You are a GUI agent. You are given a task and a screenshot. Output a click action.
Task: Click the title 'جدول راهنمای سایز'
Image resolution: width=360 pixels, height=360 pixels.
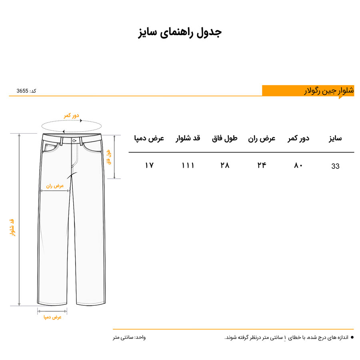point(180,32)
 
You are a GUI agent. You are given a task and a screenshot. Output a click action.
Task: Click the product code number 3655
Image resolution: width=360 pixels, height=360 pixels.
point(22,91)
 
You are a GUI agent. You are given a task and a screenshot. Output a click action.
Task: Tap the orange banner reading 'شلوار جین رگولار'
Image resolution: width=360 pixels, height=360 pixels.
point(308,91)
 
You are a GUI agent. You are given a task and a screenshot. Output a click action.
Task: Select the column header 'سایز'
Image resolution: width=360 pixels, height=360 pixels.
point(335,139)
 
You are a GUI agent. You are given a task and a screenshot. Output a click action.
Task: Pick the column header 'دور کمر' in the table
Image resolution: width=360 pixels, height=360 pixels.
point(298,139)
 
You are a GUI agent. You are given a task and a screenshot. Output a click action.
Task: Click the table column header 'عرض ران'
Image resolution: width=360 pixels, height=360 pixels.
point(262,139)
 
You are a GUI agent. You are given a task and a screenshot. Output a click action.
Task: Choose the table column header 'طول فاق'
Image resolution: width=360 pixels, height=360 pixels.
point(224,139)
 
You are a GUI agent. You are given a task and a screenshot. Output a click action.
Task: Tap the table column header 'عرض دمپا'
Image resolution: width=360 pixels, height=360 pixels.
point(149,139)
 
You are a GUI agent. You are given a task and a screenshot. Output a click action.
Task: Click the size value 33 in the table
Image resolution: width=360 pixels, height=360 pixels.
point(335,166)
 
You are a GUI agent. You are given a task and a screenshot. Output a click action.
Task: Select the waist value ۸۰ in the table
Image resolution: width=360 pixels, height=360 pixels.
point(298,165)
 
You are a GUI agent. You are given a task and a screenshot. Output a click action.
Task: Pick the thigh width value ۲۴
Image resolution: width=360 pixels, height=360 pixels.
point(262,165)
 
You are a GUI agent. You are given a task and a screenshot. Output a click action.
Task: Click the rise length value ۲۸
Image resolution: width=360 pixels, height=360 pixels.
point(225,165)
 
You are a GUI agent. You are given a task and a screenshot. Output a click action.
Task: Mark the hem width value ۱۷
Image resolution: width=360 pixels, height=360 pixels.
point(149,165)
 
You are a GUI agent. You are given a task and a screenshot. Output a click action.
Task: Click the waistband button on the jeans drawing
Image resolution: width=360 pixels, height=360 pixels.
point(75,140)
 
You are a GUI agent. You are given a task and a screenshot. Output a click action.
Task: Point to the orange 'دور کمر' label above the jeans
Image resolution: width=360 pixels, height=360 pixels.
point(72,116)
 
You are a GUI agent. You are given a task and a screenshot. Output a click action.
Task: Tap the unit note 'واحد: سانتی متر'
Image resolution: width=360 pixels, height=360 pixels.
point(129,338)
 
